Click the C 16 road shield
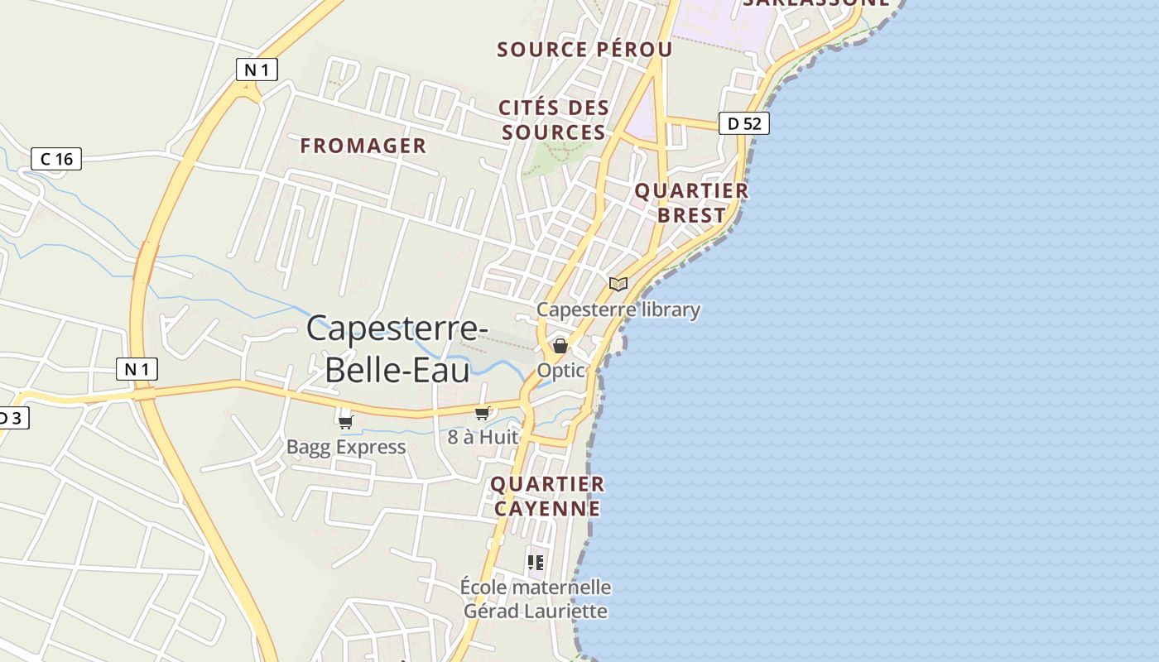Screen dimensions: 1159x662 [56, 158]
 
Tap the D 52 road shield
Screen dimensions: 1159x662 [743, 123]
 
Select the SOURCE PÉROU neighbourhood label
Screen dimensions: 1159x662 [584, 49]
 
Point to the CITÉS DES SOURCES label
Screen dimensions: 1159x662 [554, 120]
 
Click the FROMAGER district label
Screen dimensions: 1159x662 [363, 146]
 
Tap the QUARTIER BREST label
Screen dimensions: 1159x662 [691, 203]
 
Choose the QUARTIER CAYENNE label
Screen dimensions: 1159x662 [547, 496]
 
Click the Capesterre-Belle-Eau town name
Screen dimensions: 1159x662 [397, 348]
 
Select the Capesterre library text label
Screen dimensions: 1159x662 [618, 309]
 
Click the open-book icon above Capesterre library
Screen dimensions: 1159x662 [618, 284]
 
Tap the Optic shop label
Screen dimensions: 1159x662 [560, 371]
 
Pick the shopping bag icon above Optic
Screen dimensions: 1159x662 [560, 346]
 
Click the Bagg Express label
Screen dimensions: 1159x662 [346, 447]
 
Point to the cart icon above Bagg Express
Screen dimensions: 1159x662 [346, 422]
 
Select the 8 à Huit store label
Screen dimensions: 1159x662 [483, 436]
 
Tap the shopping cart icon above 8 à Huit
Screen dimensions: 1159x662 [483, 412]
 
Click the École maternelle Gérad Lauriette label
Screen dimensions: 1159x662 [536, 599]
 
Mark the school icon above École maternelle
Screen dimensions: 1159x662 [536, 563]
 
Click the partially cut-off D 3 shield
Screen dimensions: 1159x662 [12, 418]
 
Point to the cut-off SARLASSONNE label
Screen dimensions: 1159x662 [815, 3]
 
